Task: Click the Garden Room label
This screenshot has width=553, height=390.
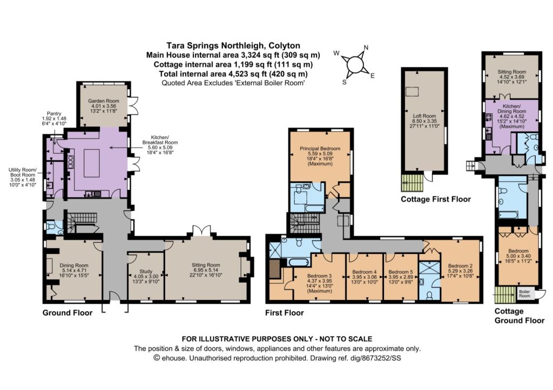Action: (x=103, y=101)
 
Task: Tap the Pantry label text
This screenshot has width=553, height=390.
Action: (x=54, y=114)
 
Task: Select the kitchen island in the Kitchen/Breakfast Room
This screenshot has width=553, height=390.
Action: (x=92, y=163)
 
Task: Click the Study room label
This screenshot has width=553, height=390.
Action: (x=146, y=271)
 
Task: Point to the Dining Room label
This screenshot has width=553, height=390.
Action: (x=73, y=265)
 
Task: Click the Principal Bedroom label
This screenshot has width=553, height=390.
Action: (x=320, y=149)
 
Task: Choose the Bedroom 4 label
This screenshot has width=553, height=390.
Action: (x=365, y=272)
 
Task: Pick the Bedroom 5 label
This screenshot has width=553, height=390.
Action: (x=400, y=272)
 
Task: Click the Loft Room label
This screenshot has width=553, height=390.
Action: (x=424, y=116)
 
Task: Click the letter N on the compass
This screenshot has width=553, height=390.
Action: (x=366, y=47)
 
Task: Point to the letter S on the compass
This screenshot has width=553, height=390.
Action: (x=344, y=82)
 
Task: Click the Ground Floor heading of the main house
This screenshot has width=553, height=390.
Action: (x=68, y=313)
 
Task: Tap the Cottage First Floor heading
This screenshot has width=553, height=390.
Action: (x=436, y=200)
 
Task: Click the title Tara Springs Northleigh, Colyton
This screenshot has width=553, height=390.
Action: (x=233, y=46)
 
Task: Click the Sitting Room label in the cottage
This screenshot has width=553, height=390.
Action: (x=512, y=72)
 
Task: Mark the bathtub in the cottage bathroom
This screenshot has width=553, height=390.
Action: (x=508, y=215)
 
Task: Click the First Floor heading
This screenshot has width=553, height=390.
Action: (x=285, y=313)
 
